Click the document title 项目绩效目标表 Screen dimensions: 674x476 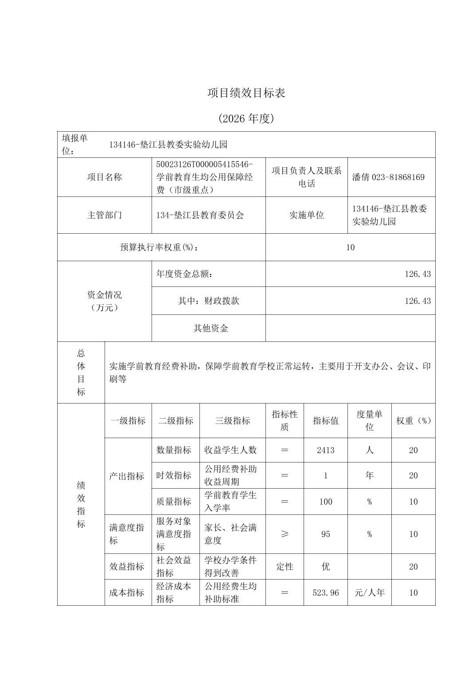pyautogui.click(x=246, y=93)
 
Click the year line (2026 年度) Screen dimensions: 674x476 pyautogui.click(x=246, y=118)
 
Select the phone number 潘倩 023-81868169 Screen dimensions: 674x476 pyautogui.click(x=388, y=177)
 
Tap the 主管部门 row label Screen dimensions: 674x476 pyautogui.click(x=104, y=215)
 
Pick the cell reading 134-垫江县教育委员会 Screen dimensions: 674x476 pyautogui.click(x=200, y=215)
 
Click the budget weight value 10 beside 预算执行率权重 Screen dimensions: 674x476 pyautogui.click(x=350, y=247)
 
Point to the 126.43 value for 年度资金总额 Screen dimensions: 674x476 pyautogui.click(x=417, y=274)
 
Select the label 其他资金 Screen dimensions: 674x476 pyautogui.click(x=211, y=328)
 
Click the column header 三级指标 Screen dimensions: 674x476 pyautogui.click(x=232, y=421)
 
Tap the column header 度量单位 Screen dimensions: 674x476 pyautogui.click(x=369, y=421)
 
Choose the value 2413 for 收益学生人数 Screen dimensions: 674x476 pyautogui.click(x=325, y=450)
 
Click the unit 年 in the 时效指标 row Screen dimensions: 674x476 pyautogui.click(x=369, y=475)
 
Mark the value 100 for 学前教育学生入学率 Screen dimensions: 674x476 pyautogui.click(x=325, y=502)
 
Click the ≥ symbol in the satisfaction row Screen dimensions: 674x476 pyautogui.click(x=285, y=534)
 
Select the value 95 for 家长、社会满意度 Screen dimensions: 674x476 pyautogui.click(x=325, y=534)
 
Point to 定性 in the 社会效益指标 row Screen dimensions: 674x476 pyautogui.click(x=285, y=566)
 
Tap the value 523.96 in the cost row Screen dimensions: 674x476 pyautogui.click(x=325, y=592)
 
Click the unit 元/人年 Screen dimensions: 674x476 pyautogui.click(x=369, y=592)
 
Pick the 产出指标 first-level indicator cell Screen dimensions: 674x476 pyautogui.click(x=127, y=476)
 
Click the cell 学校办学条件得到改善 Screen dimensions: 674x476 pyautogui.click(x=230, y=566)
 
